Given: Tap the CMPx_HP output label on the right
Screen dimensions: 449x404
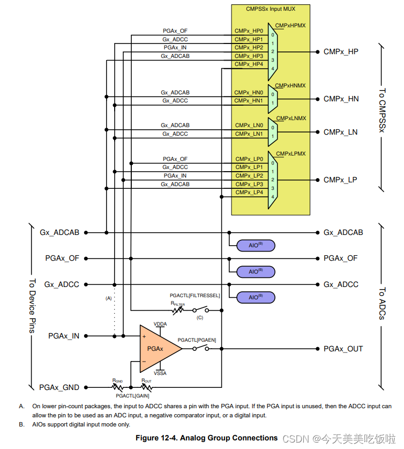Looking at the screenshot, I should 341,52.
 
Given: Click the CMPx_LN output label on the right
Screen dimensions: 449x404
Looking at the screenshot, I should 341,132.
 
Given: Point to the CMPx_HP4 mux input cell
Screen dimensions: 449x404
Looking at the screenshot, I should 249,64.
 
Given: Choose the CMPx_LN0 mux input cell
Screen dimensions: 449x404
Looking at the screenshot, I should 249,125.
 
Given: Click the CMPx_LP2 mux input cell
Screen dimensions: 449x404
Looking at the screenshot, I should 249,175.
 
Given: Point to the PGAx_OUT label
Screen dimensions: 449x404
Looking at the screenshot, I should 343,349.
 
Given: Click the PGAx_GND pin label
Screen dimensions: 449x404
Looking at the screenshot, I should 59,387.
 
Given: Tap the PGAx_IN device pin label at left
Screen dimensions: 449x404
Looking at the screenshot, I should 63,336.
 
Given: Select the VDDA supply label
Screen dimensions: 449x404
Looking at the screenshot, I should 160,325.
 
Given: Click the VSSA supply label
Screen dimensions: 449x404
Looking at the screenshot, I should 160,373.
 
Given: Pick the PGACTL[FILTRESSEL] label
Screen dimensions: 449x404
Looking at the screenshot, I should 194,296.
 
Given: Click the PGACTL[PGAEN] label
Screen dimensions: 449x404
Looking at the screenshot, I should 197,340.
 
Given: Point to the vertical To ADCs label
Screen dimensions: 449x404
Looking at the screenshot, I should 382,304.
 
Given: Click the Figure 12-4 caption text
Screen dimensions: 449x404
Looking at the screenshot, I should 206,438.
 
